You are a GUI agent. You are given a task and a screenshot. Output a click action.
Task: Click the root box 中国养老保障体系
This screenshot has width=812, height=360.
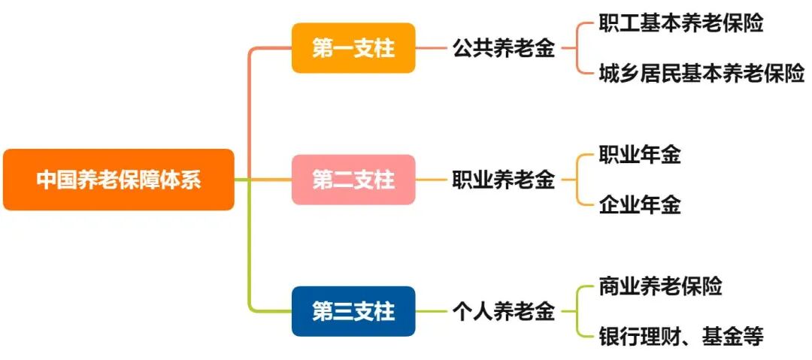(119, 180)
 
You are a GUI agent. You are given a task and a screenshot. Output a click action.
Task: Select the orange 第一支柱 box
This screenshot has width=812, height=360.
(353, 48)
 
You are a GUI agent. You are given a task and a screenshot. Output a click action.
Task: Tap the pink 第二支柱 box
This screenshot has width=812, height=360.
(353, 180)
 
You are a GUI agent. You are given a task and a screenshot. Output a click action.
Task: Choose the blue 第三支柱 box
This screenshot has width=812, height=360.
(353, 310)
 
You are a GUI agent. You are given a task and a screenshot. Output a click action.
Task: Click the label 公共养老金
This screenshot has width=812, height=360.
(504, 49)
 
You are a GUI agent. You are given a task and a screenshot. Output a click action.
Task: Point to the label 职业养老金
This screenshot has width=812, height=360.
(504, 180)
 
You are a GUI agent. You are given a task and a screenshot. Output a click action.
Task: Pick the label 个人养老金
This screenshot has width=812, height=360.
(504, 311)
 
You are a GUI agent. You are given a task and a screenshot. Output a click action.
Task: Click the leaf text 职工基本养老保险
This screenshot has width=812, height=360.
(681, 24)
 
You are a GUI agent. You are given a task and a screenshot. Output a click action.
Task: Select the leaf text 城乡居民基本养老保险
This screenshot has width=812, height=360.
(701, 73)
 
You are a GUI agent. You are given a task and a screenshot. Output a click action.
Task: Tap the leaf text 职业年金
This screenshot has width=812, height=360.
(640, 156)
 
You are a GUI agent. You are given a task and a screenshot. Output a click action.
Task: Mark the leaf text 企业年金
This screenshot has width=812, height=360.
(640, 204)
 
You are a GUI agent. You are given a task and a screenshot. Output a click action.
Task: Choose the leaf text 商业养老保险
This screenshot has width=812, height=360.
(660, 286)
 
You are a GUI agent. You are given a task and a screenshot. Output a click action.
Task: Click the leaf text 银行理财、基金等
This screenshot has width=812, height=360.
(681, 335)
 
